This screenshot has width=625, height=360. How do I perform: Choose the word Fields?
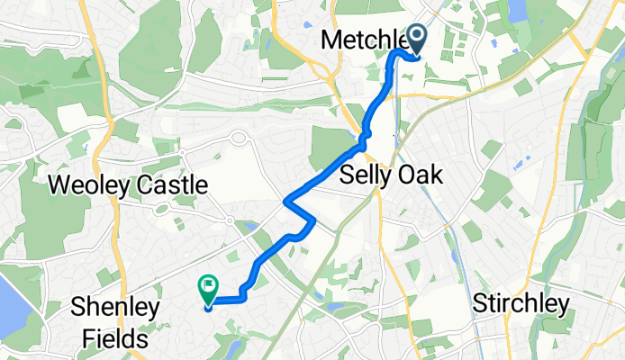pos(113,338)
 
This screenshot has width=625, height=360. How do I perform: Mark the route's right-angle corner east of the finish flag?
pos(243,297)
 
